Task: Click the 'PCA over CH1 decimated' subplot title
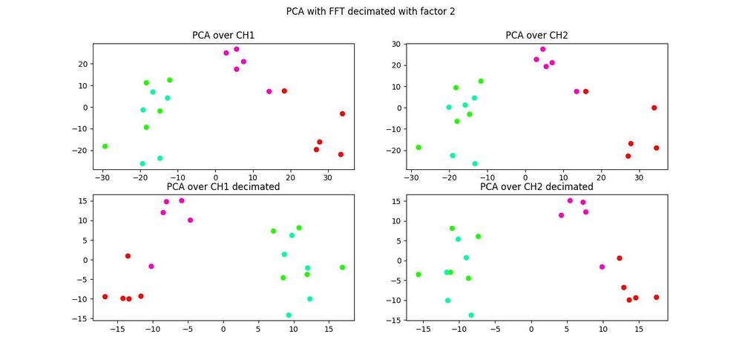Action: (x=223, y=186)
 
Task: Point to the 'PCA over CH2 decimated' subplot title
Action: (x=536, y=186)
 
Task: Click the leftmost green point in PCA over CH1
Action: (x=105, y=146)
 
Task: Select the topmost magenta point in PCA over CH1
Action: (x=237, y=49)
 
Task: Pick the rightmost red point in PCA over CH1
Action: (x=342, y=114)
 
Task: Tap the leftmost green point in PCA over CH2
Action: (x=418, y=147)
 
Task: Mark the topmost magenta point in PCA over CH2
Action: (x=542, y=49)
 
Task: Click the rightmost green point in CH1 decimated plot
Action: (x=342, y=267)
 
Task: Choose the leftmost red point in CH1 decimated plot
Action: (x=105, y=296)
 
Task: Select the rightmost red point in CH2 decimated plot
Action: (x=656, y=297)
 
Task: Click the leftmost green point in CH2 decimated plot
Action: (x=418, y=274)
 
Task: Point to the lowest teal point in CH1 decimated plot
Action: (x=289, y=315)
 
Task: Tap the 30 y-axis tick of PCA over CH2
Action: (x=398, y=44)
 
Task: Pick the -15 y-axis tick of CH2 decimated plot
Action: (x=395, y=320)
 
